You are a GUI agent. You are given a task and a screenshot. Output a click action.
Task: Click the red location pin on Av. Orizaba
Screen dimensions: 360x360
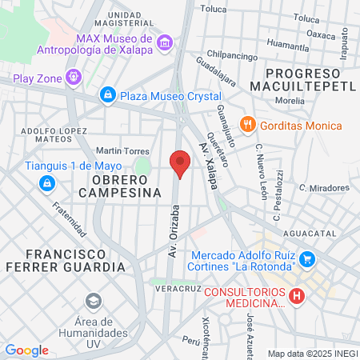pyautogui.click(x=180, y=164)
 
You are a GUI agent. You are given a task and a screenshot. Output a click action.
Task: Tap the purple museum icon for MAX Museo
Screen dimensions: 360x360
pyautogui.click(x=165, y=42)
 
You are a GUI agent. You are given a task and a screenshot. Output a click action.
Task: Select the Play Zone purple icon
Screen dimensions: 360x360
pyautogui.click(x=74, y=78)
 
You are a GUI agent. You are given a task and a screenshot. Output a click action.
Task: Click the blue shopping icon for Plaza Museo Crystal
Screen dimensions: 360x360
pyautogui.click(x=107, y=95)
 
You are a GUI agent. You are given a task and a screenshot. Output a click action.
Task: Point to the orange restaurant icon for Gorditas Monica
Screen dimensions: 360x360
pyautogui.click(x=248, y=126)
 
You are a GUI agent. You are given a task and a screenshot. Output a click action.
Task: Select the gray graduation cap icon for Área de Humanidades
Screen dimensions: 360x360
pyautogui.click(x=93, y=302)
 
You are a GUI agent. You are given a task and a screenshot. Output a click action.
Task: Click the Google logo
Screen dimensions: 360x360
pyautogui.click(x=26, y=350)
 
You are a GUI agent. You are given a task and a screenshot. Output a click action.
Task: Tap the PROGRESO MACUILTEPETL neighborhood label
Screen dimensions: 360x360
pyautogui.click(x=303, y=78)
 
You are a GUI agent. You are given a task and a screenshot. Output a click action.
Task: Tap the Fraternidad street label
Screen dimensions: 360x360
pyautogui.click(x=70, y=218)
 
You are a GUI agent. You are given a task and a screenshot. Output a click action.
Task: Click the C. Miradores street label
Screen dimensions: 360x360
pyautogui.click(x=324, y=187)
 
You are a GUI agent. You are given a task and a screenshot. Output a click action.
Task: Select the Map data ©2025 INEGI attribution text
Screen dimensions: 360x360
pyautogui.click(x=311, y=353)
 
